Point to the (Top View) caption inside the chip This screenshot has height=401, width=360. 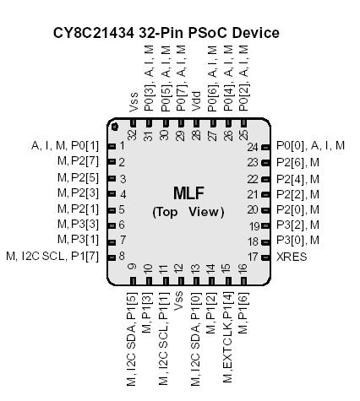188,212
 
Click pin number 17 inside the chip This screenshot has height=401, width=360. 252,256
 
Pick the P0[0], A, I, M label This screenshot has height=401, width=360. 310,146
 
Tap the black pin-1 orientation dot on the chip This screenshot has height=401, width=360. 121,123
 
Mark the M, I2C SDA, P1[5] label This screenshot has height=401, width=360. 132,338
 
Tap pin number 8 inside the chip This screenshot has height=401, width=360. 122,256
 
